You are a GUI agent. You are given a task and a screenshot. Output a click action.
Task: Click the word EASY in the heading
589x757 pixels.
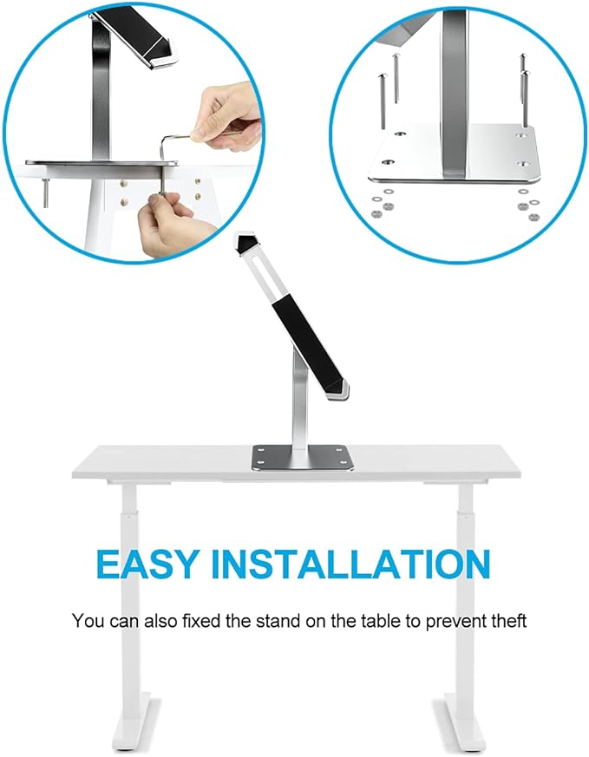click(x=147, y=564)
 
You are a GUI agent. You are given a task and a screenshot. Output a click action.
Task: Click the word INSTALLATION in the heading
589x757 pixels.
click(x=352, y=564)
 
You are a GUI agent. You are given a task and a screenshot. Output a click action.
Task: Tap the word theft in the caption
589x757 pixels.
click(x=507, y=621)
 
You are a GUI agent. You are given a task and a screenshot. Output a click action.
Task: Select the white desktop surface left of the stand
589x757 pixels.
click(x=165, y=460)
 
